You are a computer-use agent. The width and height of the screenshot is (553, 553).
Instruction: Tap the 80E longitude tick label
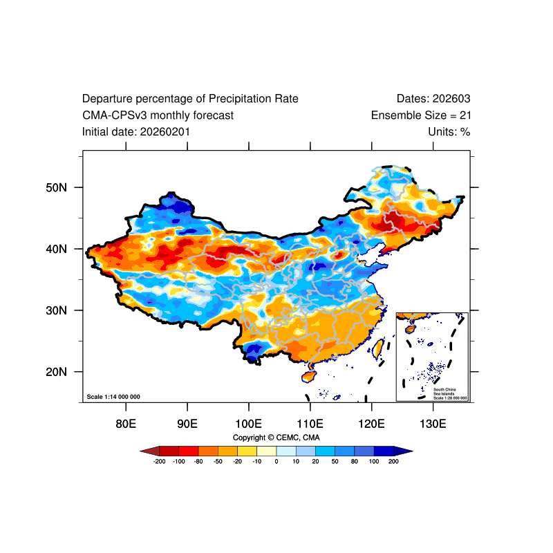pyautogui.click(x=126, y=423)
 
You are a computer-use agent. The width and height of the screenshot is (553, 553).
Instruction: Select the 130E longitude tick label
pyautogui.click(x=433, y=423)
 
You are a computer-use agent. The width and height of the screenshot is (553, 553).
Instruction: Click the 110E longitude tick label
pyautogui.click(x=310, y=423)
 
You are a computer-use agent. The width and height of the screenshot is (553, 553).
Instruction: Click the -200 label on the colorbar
pyautogui.click(x=159, y=461)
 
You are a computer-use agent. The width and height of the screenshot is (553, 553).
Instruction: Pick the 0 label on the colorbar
pyautogui.click(x=276, y=461)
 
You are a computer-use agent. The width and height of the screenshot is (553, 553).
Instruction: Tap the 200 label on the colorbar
pyautogui.click(x=394, y=461)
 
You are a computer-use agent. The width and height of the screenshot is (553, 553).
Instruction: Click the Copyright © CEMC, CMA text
pyautogui.click(x=276, y=438)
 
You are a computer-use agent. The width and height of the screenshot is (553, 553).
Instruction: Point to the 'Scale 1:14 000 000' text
pyautogui.click(x=113, y=397)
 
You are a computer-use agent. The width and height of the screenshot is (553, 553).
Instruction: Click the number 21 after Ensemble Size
pyautogui.click(x=465, y=115)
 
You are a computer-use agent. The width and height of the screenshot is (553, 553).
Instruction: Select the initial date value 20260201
pyautogui.click(x=165, y=131)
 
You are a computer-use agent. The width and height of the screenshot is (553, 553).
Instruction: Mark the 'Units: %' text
pyautogui.click(x=449, y=131)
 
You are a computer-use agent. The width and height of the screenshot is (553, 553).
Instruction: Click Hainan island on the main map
pyautogui.click(x=309, y=377)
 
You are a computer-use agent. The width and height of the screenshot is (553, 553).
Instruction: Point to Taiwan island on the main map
pyautogui.click(x=378, y=348)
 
